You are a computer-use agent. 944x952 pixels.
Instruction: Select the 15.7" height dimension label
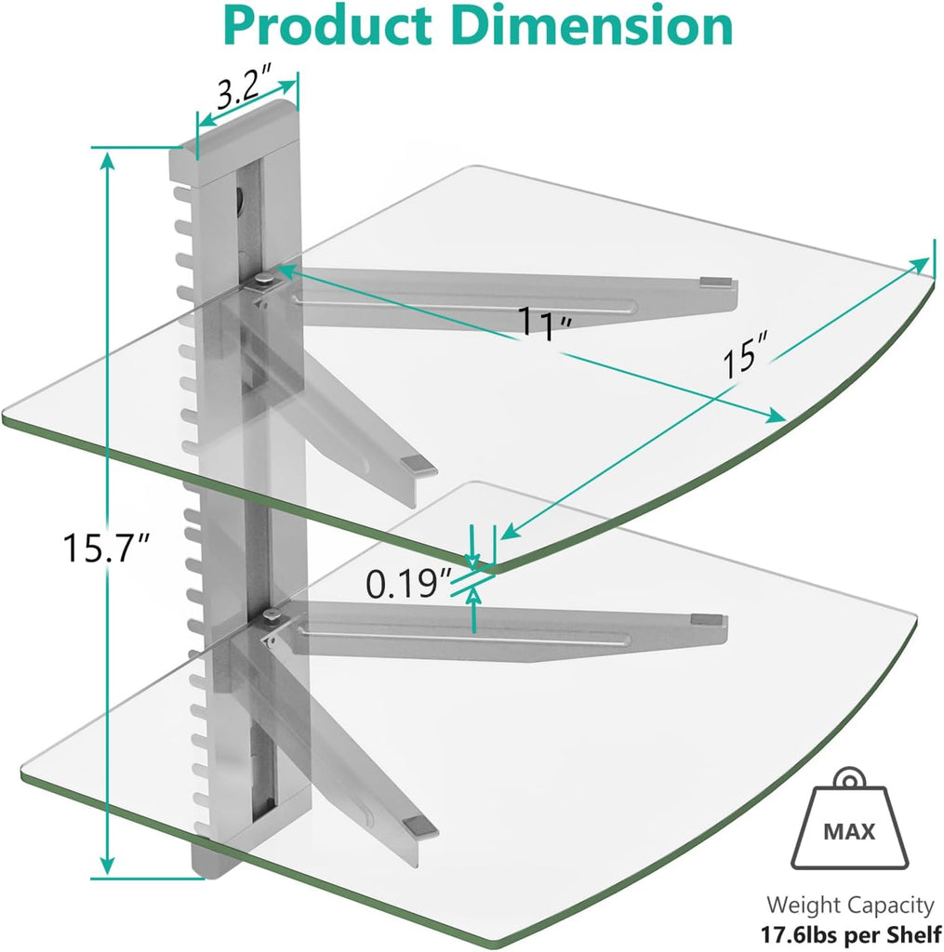103,547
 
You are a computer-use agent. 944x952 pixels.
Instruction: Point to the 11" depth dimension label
545,324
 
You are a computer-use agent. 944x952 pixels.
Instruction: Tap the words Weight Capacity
849,905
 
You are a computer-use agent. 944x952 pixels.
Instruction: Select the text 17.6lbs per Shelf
848,932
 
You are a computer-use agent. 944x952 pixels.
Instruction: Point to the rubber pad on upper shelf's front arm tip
415,463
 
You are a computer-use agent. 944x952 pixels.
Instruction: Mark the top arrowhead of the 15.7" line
109,160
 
